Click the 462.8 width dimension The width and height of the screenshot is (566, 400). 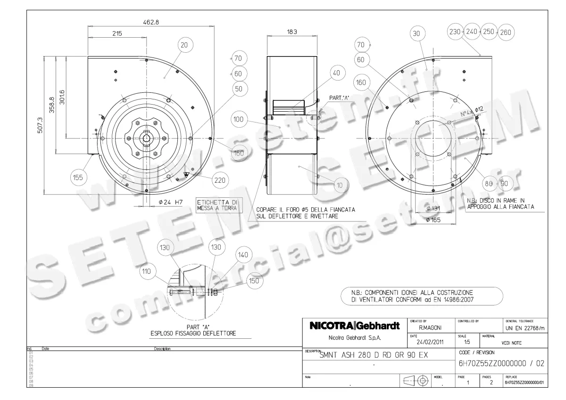(150, 22)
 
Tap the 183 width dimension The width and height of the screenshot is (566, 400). (292, 32)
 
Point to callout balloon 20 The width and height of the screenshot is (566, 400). (184, 45)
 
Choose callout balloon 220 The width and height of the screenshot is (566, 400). (219, 180)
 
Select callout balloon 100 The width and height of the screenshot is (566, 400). (239, 119)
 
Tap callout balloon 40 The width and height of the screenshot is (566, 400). (336, 73)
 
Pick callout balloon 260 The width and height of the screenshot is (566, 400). (506, 32)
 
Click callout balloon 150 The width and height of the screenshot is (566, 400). (254, 281)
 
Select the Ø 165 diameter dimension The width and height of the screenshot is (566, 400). (433, 220)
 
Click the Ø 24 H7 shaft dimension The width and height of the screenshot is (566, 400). (171, 203)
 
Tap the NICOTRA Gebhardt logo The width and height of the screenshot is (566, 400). (354, 326)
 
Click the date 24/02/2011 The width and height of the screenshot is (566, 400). (430, 343)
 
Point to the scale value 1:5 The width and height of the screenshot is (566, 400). (467, 343)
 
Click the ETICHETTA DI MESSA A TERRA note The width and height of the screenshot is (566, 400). (217, 204)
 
